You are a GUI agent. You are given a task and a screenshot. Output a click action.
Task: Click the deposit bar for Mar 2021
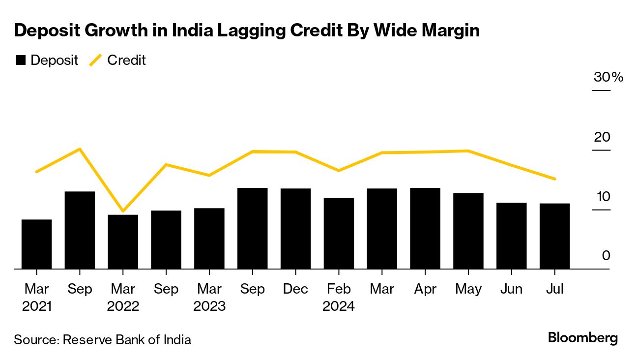pyautogui.click(x=36, y=244)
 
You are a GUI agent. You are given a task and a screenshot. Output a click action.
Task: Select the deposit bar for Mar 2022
pyautogui.click(x=123, y=242)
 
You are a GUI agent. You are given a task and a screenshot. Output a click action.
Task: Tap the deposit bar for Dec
pyautogui.click(x=296, y=229)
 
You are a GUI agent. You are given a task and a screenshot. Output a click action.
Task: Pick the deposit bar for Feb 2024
pyautogui.click(x=339, y=234)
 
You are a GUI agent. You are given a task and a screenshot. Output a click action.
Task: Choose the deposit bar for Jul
pyautogui.click(x=554, y=236)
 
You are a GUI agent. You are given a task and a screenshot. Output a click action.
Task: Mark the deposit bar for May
pyautogui.click(x=468, y=231)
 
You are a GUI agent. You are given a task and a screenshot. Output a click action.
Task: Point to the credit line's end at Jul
pyautogui.click(x=555, y=179)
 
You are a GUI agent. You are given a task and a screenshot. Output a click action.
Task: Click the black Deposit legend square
pyautogui.click(x=20, y=60)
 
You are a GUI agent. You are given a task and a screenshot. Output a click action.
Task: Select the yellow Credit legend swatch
pyautogui.click(x=95, y=60)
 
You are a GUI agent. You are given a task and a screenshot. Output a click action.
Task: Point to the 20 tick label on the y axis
pyautogui.click(x=602, y=137)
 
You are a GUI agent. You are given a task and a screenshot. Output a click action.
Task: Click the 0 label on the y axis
pyautogui.click(x=606, y=256)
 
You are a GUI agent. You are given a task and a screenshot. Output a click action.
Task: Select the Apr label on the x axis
pyautogui.click(x=425, y=289)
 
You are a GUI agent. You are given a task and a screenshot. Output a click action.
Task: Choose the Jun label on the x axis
pyautogui.click(x=511, y=289)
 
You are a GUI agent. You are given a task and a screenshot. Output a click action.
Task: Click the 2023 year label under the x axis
pyautogui.click(x=209, y=306)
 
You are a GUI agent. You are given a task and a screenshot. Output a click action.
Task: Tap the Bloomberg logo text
pyautogui.click(x=583, y=338)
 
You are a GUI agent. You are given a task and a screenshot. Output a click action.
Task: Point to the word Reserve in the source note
pyautogui.click(x=85, y=339)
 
